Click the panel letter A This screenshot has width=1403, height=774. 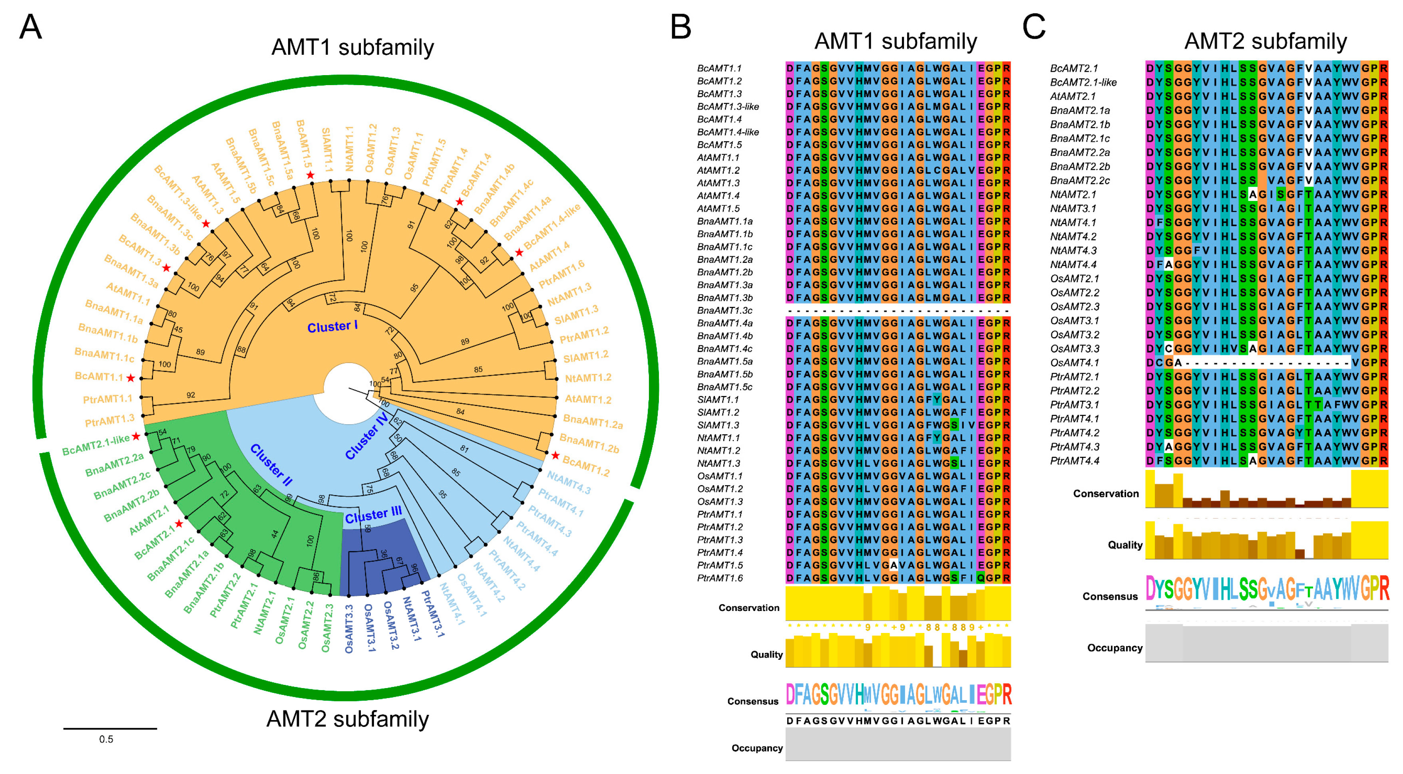30,27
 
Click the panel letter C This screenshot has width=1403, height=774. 1034,27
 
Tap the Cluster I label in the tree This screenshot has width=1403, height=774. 332,327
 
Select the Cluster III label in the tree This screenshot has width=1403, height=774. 373,515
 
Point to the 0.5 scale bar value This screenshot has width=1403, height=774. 106,739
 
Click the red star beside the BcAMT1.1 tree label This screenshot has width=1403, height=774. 131,378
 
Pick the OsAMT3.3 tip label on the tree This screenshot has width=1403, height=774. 349,629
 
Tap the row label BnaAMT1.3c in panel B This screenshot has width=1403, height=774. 724,310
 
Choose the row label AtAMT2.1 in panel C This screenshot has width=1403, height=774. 1073,96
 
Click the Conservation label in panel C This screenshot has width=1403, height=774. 1106,493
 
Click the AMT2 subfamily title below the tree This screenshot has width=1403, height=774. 348,719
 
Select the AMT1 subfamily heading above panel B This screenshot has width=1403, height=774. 896,42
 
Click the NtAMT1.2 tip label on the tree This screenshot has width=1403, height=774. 588,378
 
